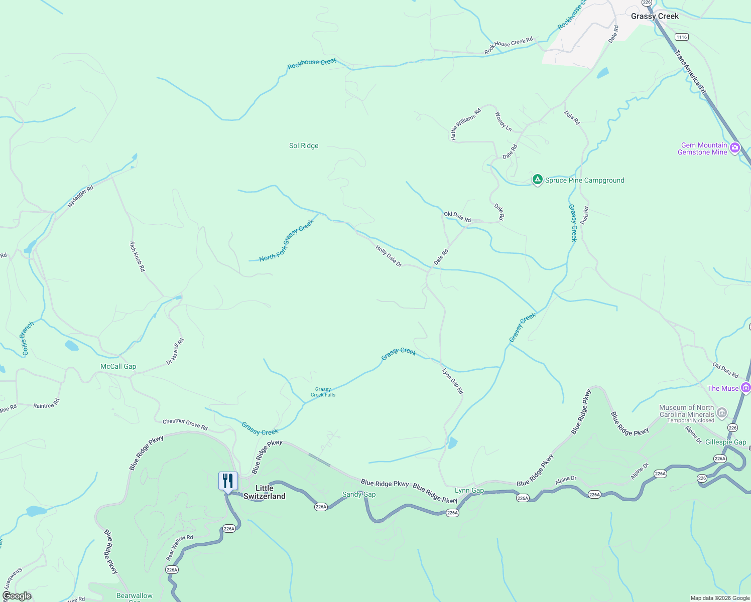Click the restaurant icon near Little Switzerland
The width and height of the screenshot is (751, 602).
(x=228, y=481)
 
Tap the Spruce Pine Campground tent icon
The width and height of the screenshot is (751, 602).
(x=537, y=180)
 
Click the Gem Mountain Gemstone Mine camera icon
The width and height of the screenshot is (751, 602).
(x=735, y=147)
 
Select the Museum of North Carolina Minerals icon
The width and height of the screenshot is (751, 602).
(x=722, y=413)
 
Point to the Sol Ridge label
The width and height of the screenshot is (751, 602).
(x=304, y=146)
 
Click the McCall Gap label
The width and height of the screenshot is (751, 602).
(x=118, y=367)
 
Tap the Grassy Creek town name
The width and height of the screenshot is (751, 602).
(x=655, y=16)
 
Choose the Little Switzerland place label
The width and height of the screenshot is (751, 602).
(x=265, y=492)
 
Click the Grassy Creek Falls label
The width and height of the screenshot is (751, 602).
(x=323, y=392)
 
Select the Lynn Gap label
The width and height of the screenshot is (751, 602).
(x=469, y=491)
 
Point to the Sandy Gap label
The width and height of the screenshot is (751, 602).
(x=359, y=495)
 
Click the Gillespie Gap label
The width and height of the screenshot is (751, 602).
(x=725, y=442)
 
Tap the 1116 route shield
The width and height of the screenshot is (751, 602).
(x=681, y=37)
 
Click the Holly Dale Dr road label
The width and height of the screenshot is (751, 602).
(x=389, y=256)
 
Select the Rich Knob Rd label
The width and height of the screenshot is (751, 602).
(x=137, y=256)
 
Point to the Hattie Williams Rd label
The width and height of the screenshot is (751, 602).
(x=465, y=124)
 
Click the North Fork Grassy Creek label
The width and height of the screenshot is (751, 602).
(x=286, y=240)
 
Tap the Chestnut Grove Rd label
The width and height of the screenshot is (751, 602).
(x=185, y=424)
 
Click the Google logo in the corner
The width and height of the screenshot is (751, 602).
(x=17, y=596)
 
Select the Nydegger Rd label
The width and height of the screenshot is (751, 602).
(x=80, y=197)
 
